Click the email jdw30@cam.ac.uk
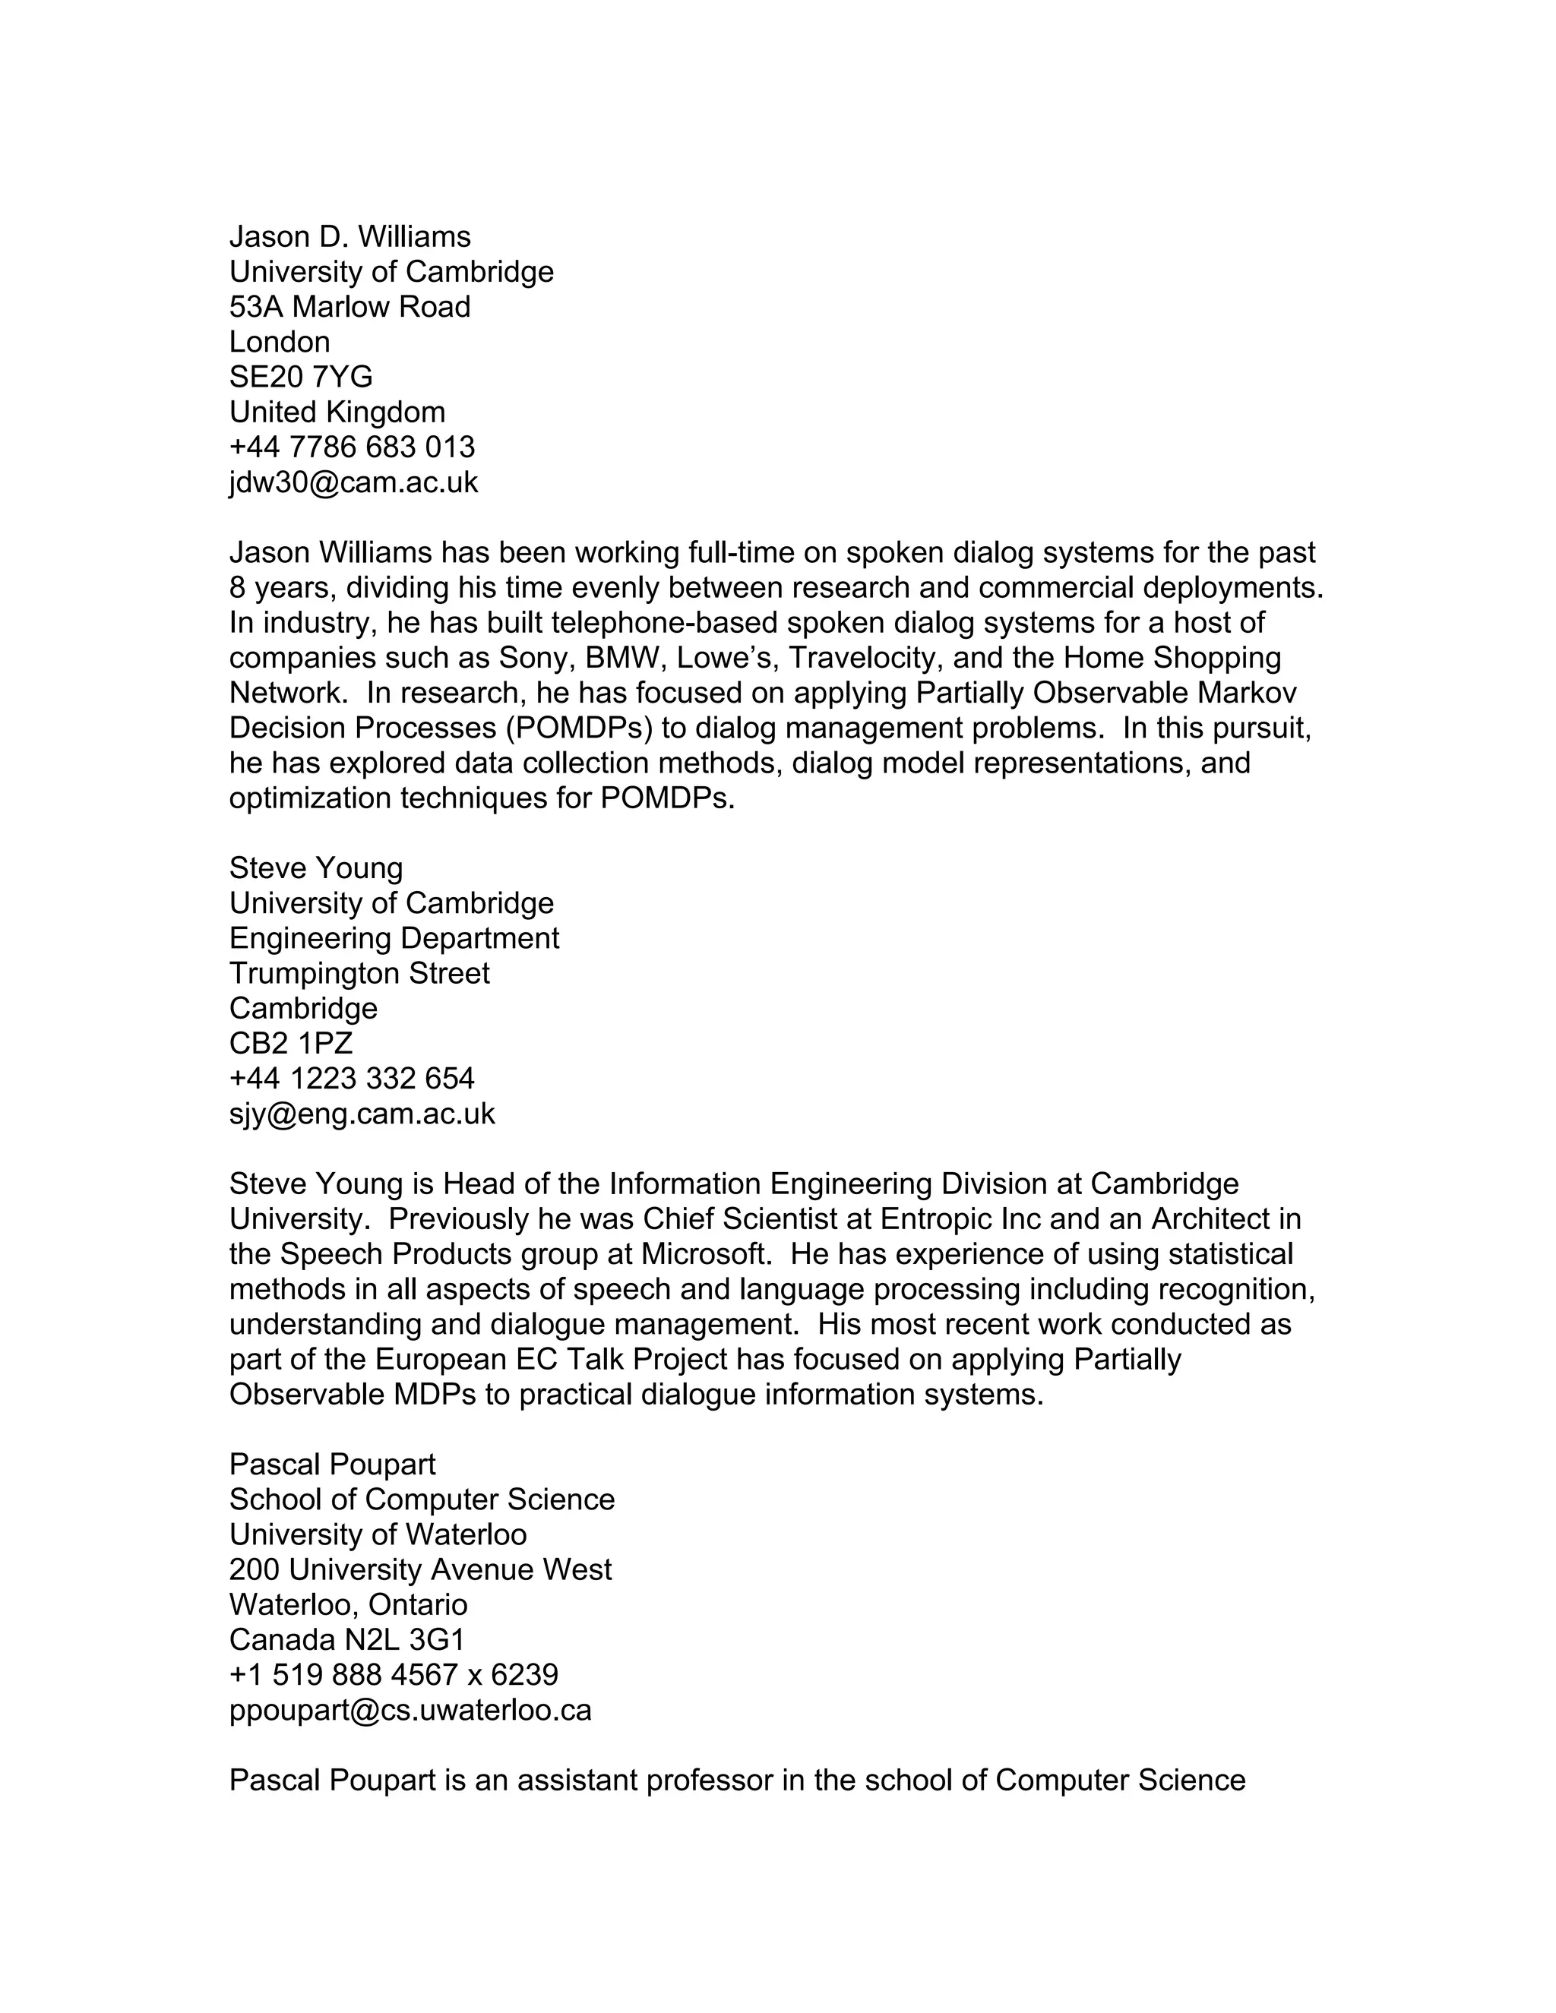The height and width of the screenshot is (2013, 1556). click(353, 482)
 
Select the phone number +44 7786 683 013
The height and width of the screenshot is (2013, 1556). click(351, 447)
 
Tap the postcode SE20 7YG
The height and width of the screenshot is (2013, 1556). click(301, 377)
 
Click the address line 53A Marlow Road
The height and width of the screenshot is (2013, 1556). click(349, 307)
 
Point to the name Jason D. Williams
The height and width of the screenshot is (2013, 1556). click(349, 237)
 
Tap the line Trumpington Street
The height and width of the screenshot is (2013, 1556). click(359, 973)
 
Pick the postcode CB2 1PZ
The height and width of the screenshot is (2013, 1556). click(290, 1044)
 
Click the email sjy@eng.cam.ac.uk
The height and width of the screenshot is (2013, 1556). click(362, 1114)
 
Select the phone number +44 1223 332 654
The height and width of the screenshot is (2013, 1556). click(351, 1079)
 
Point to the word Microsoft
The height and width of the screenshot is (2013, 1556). click(705, 1254)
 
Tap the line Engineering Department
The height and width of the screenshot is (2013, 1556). click(394, 938)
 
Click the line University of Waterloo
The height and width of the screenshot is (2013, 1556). click(378, 1534)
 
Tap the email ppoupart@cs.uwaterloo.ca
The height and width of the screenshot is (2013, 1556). click(410, 1710)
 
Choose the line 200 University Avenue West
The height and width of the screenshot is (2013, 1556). click(420, 1569)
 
